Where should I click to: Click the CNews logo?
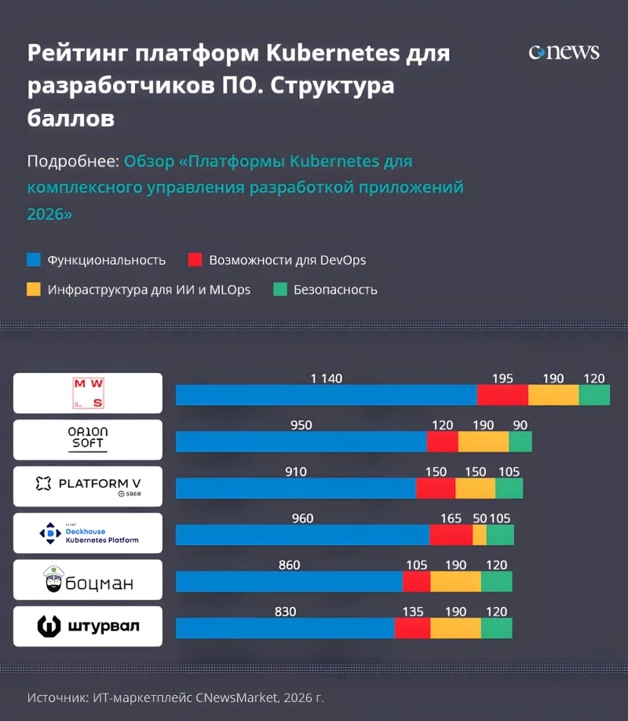(x=564, y=53)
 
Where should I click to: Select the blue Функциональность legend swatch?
(x=34, y=260)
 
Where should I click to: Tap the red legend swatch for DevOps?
(x=195, y=260)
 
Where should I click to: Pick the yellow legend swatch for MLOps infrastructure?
(x=34, y=289)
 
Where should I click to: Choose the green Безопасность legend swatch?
(x=280, y=289)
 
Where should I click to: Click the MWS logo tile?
(x=88, y=393)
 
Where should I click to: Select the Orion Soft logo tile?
(x=88, y=439)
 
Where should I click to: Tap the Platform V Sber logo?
(x=88, y=486)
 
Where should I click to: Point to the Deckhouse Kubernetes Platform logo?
(x=88, y=533)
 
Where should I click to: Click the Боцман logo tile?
(x=88, y=580)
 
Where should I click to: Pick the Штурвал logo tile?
(x=88, y=626)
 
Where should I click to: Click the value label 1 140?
(x=327, y=379)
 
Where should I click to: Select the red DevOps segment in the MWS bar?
(x=502, y=395)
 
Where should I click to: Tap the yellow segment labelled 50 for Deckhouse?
(x=479, y=535)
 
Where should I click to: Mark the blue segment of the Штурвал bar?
(x=284, y=628)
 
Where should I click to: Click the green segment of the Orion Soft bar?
(x=520, y=441)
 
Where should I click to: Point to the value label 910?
(x=296, y=472)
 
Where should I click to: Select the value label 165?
(x=451, y=518)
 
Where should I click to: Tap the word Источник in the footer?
(x=56, y=697)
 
